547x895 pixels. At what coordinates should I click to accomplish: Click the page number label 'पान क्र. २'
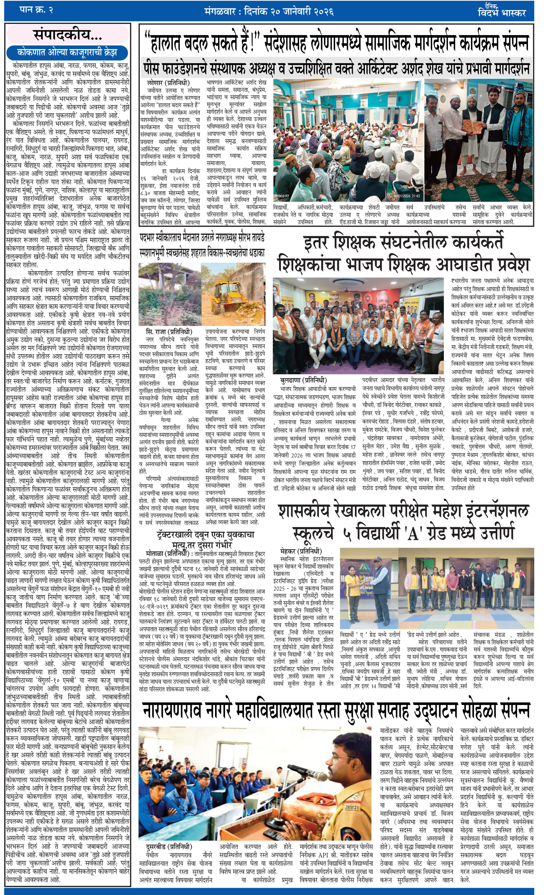(36, 10)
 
